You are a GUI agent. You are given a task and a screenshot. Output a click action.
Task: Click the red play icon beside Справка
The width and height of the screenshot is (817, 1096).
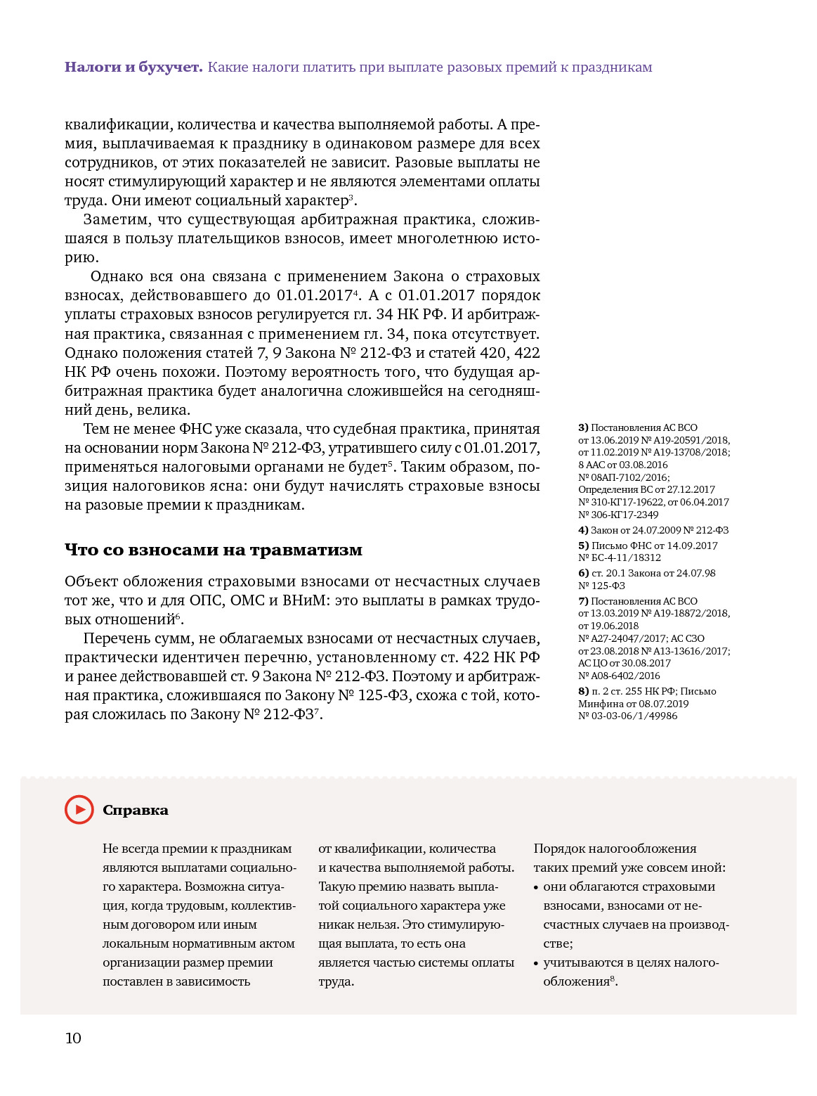(79, 810)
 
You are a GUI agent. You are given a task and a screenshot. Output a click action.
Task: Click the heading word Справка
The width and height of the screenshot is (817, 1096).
(136, 811)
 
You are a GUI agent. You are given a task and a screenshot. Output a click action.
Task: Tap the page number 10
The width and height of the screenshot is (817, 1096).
(73, 1038)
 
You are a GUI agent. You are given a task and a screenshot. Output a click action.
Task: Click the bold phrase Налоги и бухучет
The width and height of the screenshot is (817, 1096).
(133, 67)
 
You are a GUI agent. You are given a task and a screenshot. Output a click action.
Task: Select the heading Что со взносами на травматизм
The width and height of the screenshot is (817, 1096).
(214, 550)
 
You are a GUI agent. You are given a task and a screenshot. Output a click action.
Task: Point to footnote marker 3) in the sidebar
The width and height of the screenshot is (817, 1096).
(583, 427)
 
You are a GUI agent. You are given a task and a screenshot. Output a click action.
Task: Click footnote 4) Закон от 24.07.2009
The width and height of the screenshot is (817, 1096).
(653, 530)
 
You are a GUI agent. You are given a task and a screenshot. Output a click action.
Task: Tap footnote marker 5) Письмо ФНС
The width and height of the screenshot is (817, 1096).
(583, 546)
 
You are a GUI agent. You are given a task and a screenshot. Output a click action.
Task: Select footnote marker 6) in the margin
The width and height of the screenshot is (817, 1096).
(583, 573)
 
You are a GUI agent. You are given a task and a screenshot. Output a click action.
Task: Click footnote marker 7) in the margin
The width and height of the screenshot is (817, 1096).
(583, 601)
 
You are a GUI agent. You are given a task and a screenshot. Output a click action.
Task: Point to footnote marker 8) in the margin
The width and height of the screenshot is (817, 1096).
(583, 691)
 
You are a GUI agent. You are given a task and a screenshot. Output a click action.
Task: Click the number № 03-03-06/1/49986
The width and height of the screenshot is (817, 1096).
(628, 716)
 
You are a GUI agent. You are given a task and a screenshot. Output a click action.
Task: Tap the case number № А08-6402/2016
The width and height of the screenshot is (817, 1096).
(619, 676)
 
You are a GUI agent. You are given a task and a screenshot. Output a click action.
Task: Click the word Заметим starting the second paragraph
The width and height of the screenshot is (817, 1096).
(117, 220)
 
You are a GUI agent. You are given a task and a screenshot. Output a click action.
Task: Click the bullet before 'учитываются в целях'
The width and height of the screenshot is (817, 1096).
(537, 963)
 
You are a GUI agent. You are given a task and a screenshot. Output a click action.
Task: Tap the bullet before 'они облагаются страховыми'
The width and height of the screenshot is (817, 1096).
(537, 887)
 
